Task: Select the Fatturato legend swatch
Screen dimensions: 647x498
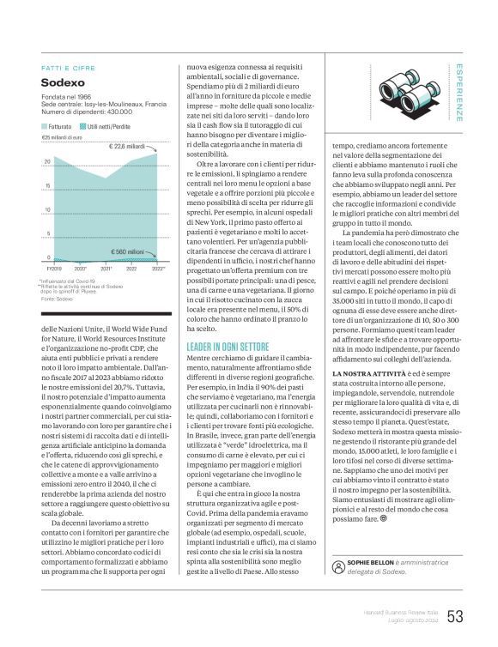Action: [x=46, y=126]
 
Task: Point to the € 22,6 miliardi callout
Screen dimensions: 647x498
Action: [x=127, y=147]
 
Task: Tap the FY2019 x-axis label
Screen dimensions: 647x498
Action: [x=54, y=269]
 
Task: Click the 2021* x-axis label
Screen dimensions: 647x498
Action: [x=106, y=269]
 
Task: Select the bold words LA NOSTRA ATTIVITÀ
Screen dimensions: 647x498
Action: [x=365, y=399]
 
